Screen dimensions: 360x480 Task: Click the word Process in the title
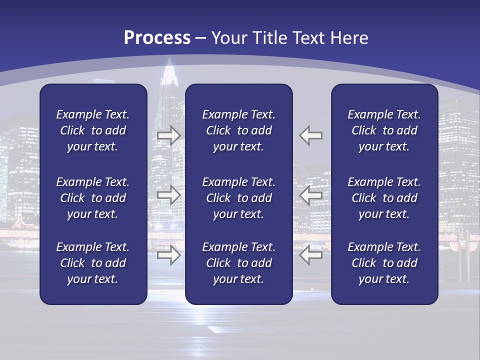[x=157, y=38]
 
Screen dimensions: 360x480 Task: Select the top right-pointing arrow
[x=169, y=135]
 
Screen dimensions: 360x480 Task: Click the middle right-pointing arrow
[x=169, y=195]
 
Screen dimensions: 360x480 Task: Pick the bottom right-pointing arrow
[x=169, y=255]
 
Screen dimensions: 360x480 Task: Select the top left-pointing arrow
[x=311, y=135]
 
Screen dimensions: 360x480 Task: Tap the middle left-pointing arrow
[x=311, y=195]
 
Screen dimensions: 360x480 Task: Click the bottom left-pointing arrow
[x=311, y=255]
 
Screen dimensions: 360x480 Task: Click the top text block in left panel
[x=93, y=130]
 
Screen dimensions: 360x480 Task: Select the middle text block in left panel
[x=93, y=198]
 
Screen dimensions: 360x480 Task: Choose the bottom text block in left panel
[x=93, y=263]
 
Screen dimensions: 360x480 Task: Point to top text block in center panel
[x=238, y=130]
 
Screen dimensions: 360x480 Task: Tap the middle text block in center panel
[x=238, y=198]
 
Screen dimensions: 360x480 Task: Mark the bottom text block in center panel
[x=238, y=263]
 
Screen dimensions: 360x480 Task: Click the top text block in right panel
[x=384, y=130]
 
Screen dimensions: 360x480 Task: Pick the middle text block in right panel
[x=384, y=198]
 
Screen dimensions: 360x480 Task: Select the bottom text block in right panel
[x=384, y=263]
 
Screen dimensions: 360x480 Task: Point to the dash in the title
[x=201, y=38]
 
